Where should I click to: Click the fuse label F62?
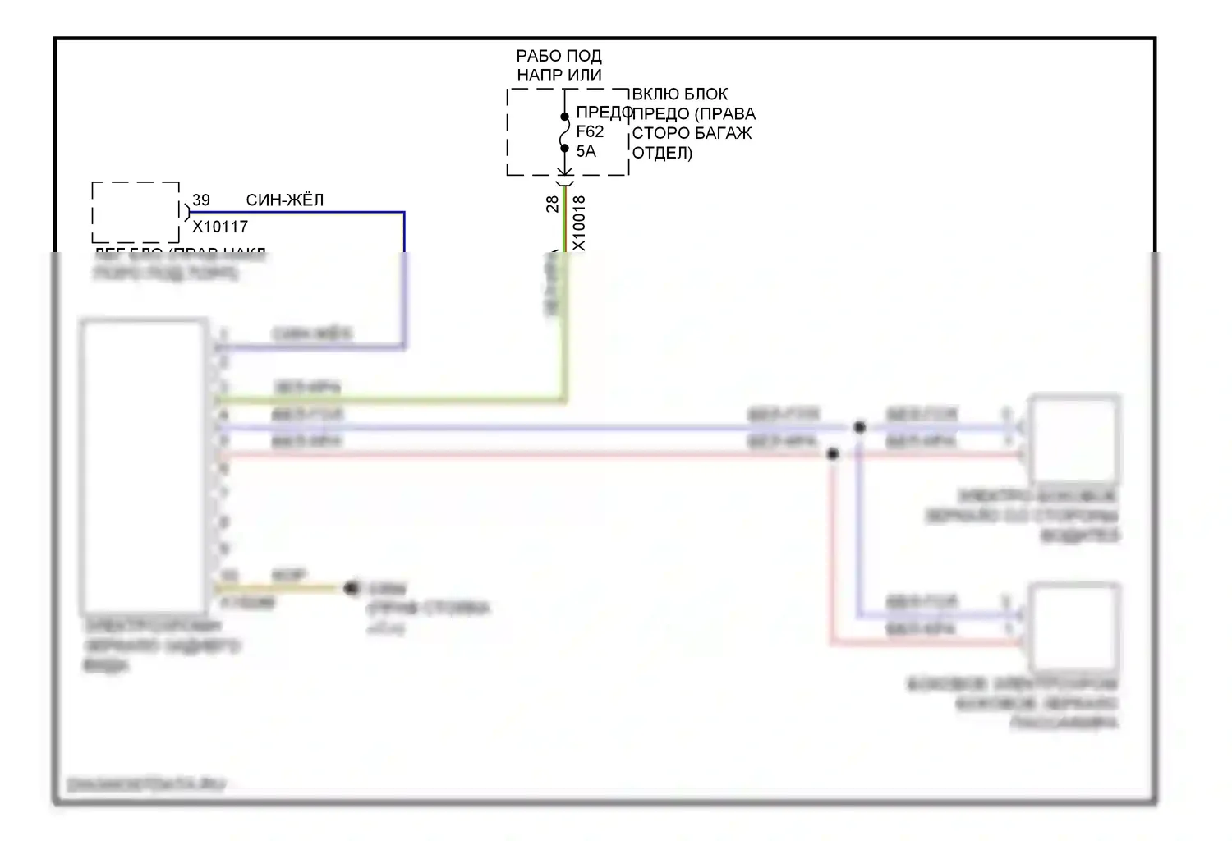(590, 131)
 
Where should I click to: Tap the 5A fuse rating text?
(586, 151)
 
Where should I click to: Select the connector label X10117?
(220, 227)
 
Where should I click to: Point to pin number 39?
(201, 200)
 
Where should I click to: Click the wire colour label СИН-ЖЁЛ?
(285, 200)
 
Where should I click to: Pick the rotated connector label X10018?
(579, 223)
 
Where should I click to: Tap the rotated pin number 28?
(553, 204)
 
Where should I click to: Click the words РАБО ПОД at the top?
(559, 56)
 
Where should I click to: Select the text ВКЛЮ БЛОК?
(679, 94)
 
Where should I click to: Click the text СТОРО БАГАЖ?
(692, 133)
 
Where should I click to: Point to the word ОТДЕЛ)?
(662, 153)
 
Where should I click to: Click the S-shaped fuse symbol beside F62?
(565, 132)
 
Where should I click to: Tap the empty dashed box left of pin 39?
(136, 212)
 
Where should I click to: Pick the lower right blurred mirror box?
(1075, 627)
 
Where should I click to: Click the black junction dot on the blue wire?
(859, 427)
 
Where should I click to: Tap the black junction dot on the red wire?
(833, 453)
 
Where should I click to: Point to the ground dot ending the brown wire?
(352, 587)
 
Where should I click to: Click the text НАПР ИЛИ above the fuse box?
(559, 75)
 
